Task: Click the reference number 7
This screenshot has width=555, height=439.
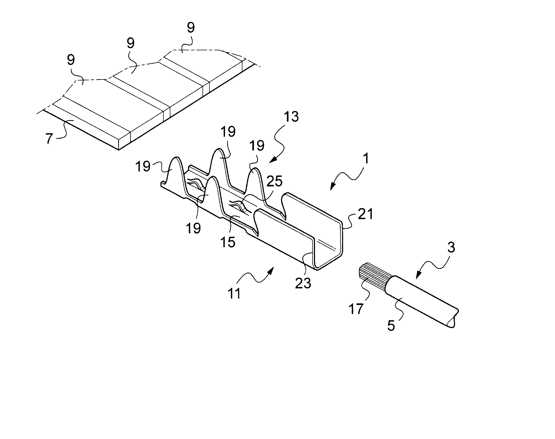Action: (49, 139)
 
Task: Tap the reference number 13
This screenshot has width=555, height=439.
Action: (291, 117)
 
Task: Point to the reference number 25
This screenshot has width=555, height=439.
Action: (275, 182)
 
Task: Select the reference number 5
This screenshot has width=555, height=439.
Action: (391, 326)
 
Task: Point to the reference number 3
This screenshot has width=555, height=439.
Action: (451, 247)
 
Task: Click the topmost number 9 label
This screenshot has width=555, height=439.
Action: (190, 28)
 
